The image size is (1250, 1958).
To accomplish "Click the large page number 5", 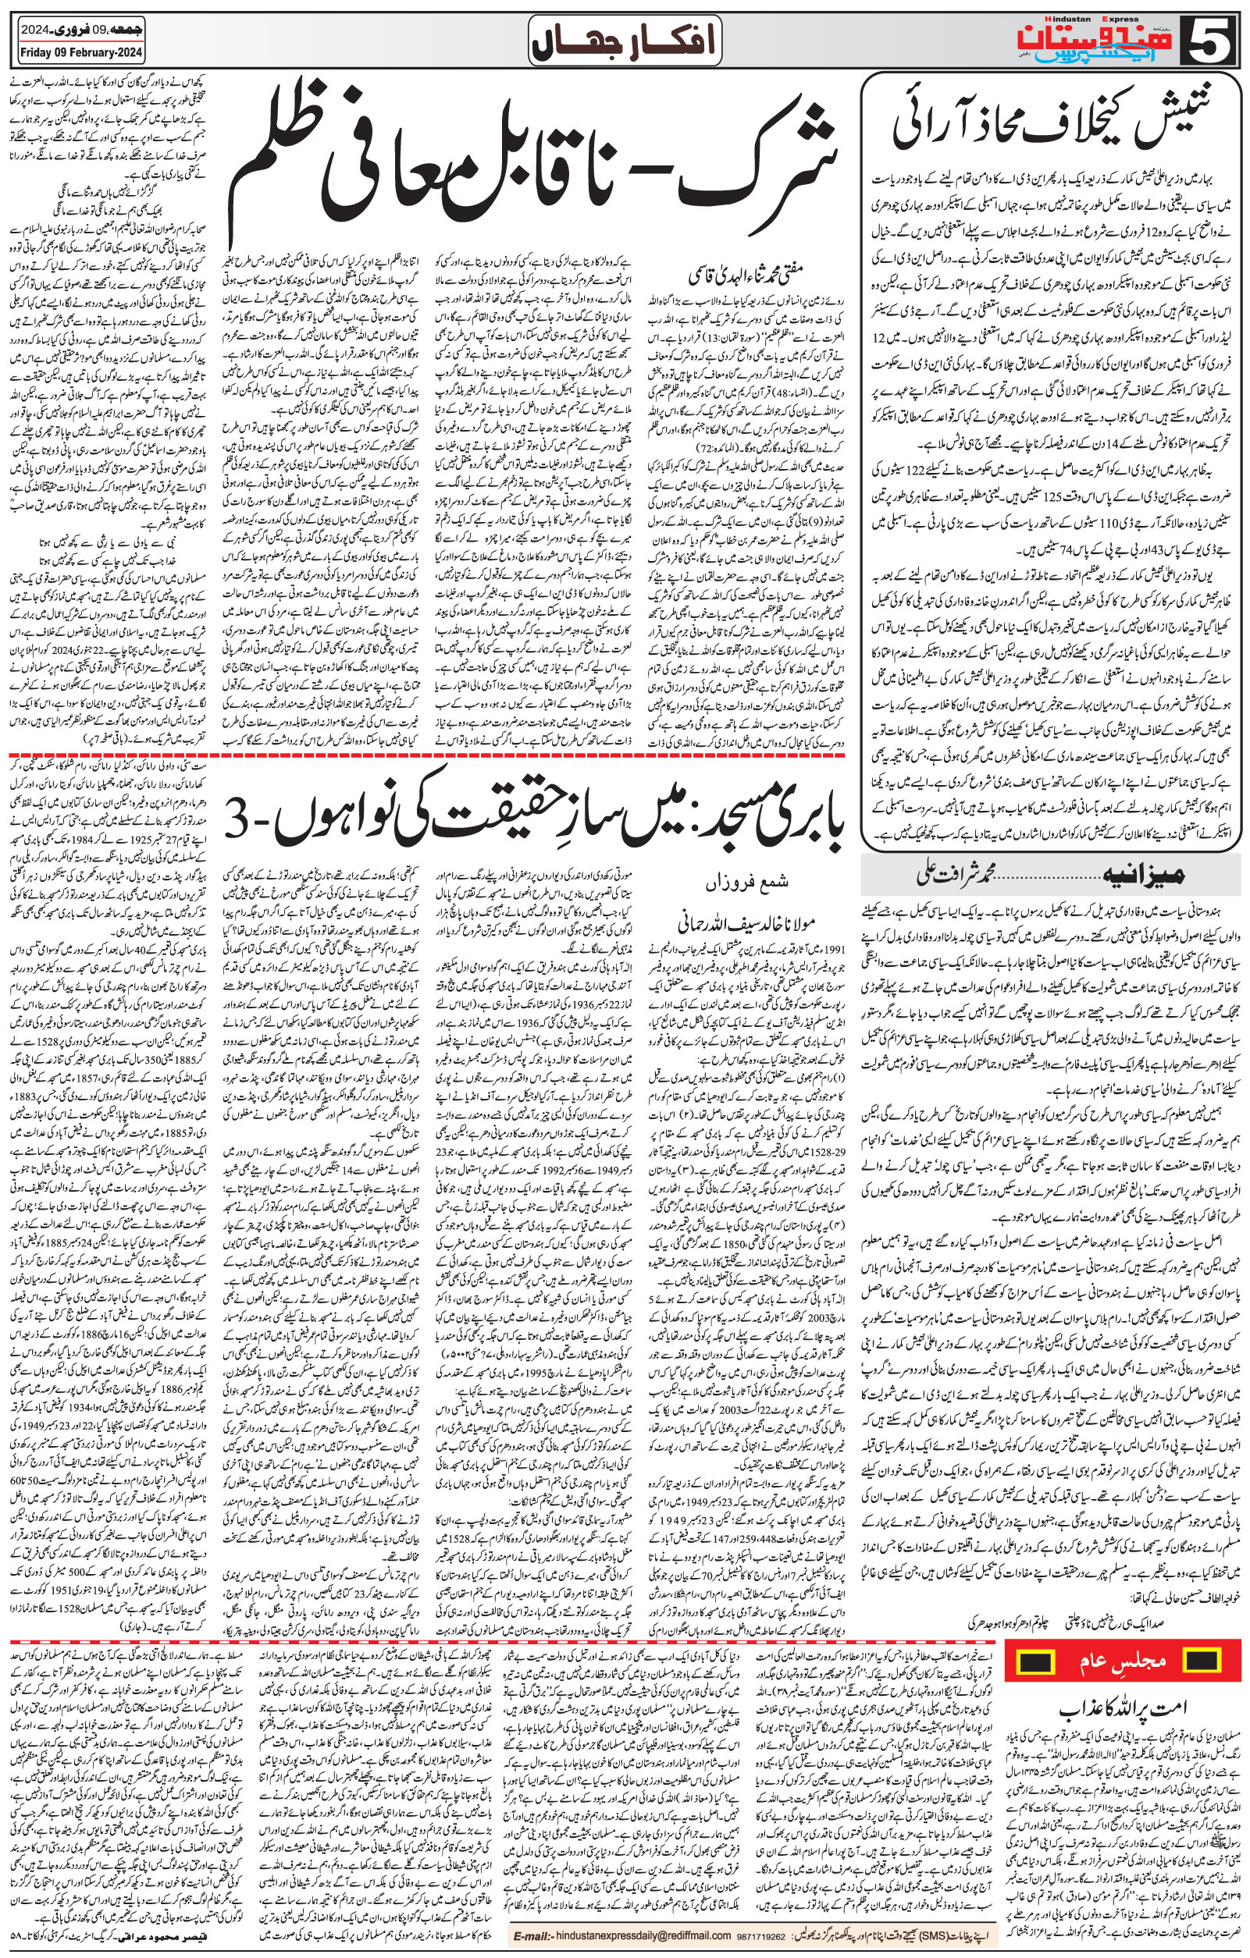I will [x=1215, y=40].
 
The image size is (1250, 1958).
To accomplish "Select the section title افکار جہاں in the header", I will [x=625, y=41].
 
